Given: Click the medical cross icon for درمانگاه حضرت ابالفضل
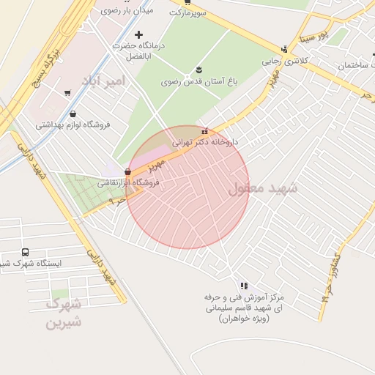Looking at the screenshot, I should [138, 34].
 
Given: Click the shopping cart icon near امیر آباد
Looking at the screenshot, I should [67, 93].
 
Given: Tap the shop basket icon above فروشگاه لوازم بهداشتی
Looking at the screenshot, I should [73, 114].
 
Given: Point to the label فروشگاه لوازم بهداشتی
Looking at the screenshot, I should [73, 125].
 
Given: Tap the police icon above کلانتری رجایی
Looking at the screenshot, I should [285, 49].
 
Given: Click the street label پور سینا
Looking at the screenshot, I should [313, 34].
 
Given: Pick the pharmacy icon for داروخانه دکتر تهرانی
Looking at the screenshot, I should [204, 131].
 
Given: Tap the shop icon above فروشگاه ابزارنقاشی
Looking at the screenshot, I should [127, 171].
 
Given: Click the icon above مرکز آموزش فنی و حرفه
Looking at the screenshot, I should [244, 286].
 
